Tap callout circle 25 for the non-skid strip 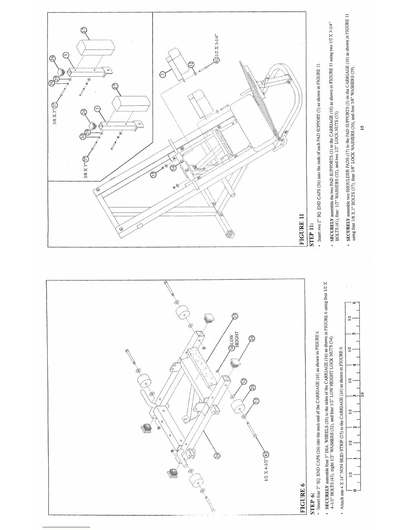point(235,316)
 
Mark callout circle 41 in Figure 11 point(217,60)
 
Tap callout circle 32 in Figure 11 point(192,65)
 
